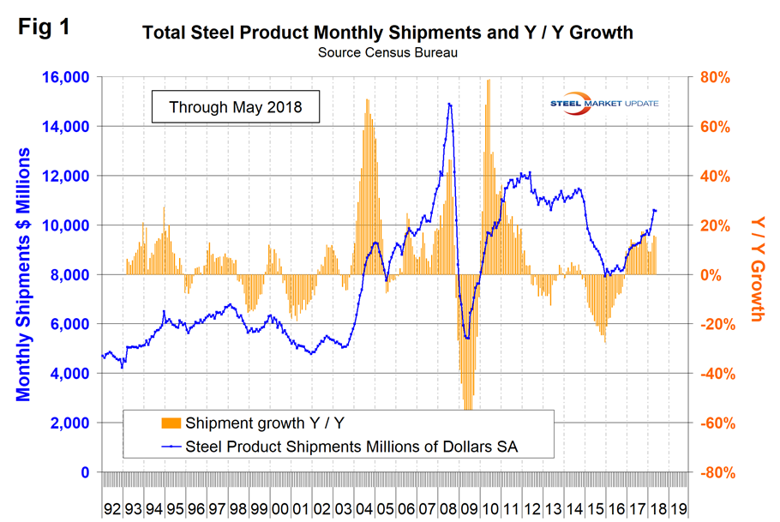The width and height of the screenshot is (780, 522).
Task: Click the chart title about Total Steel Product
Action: coord(387,33)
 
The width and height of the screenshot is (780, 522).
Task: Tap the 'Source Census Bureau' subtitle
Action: coord(387,52)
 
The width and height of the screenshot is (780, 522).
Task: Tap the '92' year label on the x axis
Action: coord(112,507)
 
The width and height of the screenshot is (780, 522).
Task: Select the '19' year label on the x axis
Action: coord(677,507)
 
